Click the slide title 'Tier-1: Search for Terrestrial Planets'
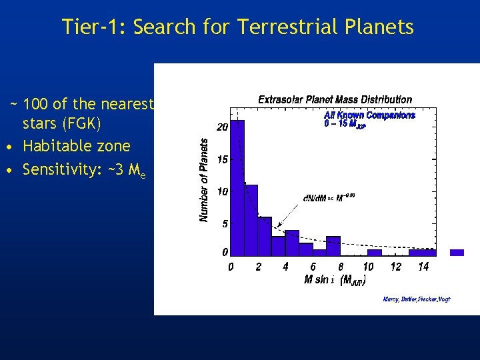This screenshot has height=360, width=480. pyautogui.click(x=238, y=27)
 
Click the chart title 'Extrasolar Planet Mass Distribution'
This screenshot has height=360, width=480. pyautogui.click(x=335, y=100)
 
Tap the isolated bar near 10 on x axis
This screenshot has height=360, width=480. pyautogui.click(x=375, y=253)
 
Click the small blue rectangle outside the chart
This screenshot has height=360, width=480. pyautogui.click(x=457, y=253)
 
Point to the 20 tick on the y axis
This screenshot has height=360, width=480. pyautogui.click(x=223, y=127)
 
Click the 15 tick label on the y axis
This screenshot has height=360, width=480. pyautogui.click(x=223, y=159)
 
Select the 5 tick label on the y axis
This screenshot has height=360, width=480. pyautogui.click(x=225, y=224)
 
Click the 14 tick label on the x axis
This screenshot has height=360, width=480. pyautogui.click(x=423, y=267)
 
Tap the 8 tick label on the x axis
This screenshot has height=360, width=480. pyautogui.click(x=340, y=267)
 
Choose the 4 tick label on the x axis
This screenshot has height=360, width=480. pyautogui.click(x=285, y=267)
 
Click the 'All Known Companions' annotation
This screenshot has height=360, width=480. pyautogui.click(x=369, y=115)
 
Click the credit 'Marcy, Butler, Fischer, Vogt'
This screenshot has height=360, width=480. pyautogui.click(x=417, y=299)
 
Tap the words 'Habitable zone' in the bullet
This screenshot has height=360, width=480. pyautogui.click(x=76, y=145)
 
